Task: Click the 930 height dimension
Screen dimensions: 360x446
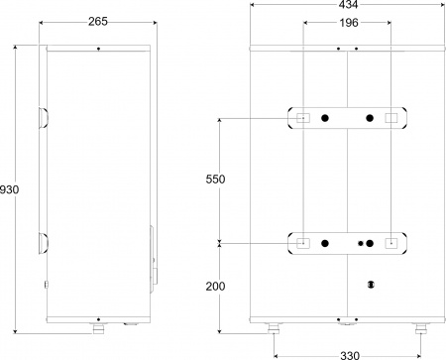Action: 9,188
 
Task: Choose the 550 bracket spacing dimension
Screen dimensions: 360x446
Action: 214,180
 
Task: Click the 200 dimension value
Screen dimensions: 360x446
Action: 214,287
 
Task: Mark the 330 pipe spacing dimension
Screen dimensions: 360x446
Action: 346,352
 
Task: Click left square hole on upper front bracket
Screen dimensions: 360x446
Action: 302,119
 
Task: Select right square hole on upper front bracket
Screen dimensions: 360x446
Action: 390,119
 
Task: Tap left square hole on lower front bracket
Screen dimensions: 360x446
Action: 302,243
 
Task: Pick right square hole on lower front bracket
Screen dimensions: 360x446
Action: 390,243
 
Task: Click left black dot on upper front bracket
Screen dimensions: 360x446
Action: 324,119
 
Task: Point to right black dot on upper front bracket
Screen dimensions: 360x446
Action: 369,119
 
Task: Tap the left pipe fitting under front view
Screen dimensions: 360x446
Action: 275,326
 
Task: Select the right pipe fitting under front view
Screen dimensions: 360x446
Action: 419,326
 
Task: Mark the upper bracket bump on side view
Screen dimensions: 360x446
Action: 43,118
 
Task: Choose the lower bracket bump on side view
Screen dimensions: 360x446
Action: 43,242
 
